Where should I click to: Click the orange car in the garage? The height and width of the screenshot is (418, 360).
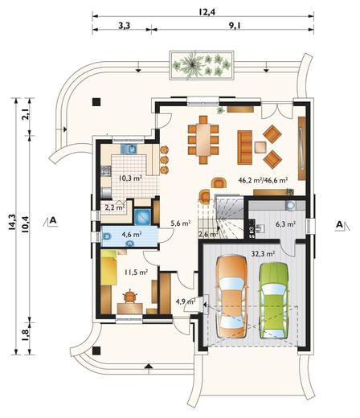pos(232,297)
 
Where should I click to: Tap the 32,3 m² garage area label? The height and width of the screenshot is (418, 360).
pos(264,253)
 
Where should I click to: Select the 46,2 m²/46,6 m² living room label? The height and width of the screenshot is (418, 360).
pos(263,180)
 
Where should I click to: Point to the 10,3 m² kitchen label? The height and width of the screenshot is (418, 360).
pos(130,178)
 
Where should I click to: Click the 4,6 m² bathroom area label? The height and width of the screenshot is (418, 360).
pos(132,235)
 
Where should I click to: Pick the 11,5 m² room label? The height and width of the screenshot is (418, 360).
pos(136,273)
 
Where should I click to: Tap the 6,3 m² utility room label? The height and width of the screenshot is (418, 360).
pos(286,223)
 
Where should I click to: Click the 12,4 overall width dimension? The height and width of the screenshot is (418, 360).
pos(207,12)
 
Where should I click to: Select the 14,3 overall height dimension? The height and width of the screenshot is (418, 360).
pos(12,222)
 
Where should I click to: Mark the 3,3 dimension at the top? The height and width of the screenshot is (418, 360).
pos(125,26)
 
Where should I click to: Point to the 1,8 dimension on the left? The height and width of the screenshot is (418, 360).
pos(26,335)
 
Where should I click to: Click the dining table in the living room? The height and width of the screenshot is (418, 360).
pos(203,139)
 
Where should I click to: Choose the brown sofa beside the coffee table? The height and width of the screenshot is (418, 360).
pos(245,147)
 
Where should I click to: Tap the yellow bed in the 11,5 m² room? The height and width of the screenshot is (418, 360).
pos(109,268)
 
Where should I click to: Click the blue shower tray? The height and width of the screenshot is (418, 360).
pos(142,216)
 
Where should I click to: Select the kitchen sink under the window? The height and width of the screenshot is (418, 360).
pos(129,149)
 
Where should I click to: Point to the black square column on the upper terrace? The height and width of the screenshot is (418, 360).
pos(96,102)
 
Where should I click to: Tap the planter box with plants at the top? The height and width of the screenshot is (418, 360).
pos(202,65)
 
